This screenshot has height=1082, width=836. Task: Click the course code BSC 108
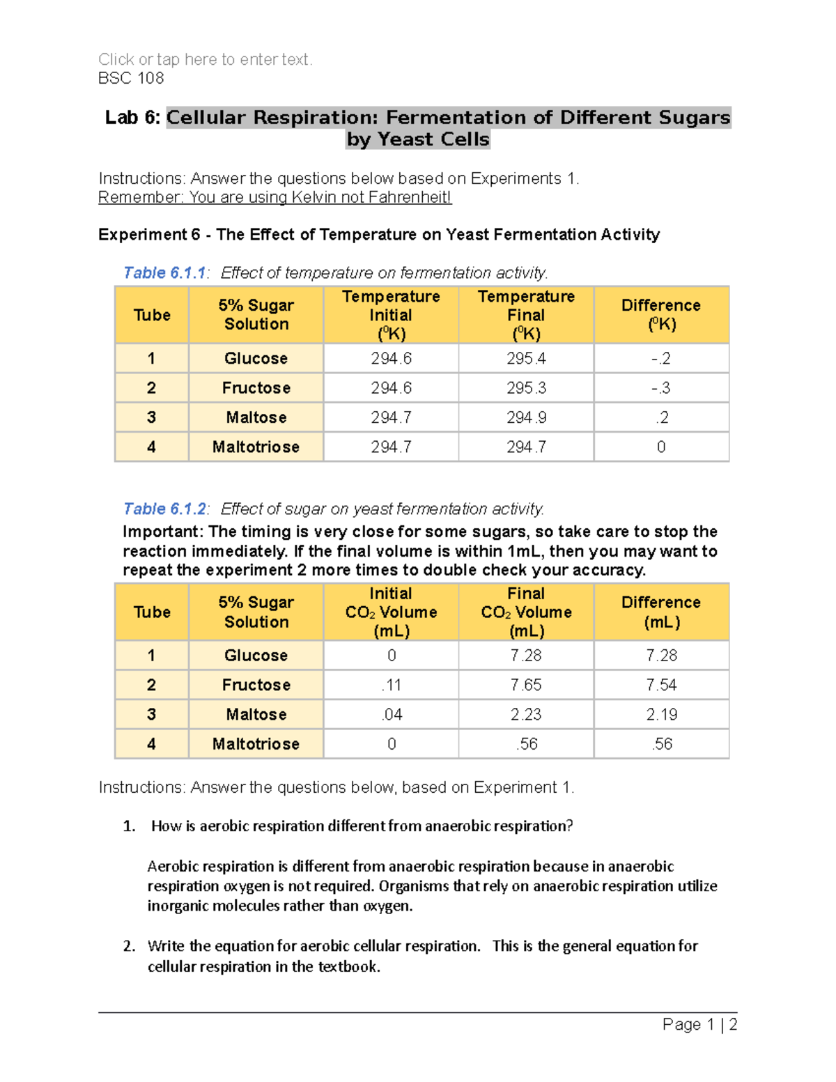[131, 78]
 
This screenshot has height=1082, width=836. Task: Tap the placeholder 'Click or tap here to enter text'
[205, 59]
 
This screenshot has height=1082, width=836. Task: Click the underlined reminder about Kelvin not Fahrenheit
[274, 197]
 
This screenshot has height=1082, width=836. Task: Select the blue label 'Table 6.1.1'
[164, 272]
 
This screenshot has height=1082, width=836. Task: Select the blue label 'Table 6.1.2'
[164, 509]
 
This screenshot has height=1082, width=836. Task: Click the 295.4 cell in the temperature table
[526, 358]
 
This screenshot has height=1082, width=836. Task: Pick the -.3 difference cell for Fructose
[660, 388]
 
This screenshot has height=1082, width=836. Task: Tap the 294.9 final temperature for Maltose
[526, 417]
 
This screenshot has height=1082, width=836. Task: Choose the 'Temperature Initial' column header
[391, 315]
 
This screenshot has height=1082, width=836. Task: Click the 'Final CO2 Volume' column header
[526, 612]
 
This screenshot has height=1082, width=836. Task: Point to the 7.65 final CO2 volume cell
[526, 685]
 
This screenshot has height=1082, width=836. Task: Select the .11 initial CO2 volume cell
[391, 685]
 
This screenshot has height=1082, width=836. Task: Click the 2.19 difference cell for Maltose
[660, 714]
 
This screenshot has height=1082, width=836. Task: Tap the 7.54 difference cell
[660, 685]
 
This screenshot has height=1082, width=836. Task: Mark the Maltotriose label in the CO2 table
[256, 744]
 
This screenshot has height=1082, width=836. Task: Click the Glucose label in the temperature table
[256, 358]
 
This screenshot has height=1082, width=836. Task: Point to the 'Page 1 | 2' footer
[699, 1024]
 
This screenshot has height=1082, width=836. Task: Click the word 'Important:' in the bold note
[163, 532]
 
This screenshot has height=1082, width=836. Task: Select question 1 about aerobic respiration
[362, 826]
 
